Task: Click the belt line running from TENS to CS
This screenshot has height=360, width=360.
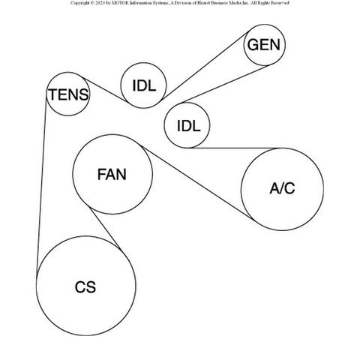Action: [x=41, y=186]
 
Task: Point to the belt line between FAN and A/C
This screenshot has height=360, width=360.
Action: [x=197, y=184]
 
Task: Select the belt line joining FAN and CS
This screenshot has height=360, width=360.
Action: [x=106, y=229]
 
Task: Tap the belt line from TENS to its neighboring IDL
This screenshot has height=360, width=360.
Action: [x=105, y=90]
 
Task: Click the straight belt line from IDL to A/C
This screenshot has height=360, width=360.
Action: [x=235, y=148]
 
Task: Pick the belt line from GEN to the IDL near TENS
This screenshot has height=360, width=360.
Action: [x=205, y=66]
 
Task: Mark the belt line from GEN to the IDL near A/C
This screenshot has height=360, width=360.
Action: [x=226, y=84]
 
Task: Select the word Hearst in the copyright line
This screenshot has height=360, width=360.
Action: [x=208, y=3]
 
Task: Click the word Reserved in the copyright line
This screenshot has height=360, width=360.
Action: [x=280, y=3]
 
